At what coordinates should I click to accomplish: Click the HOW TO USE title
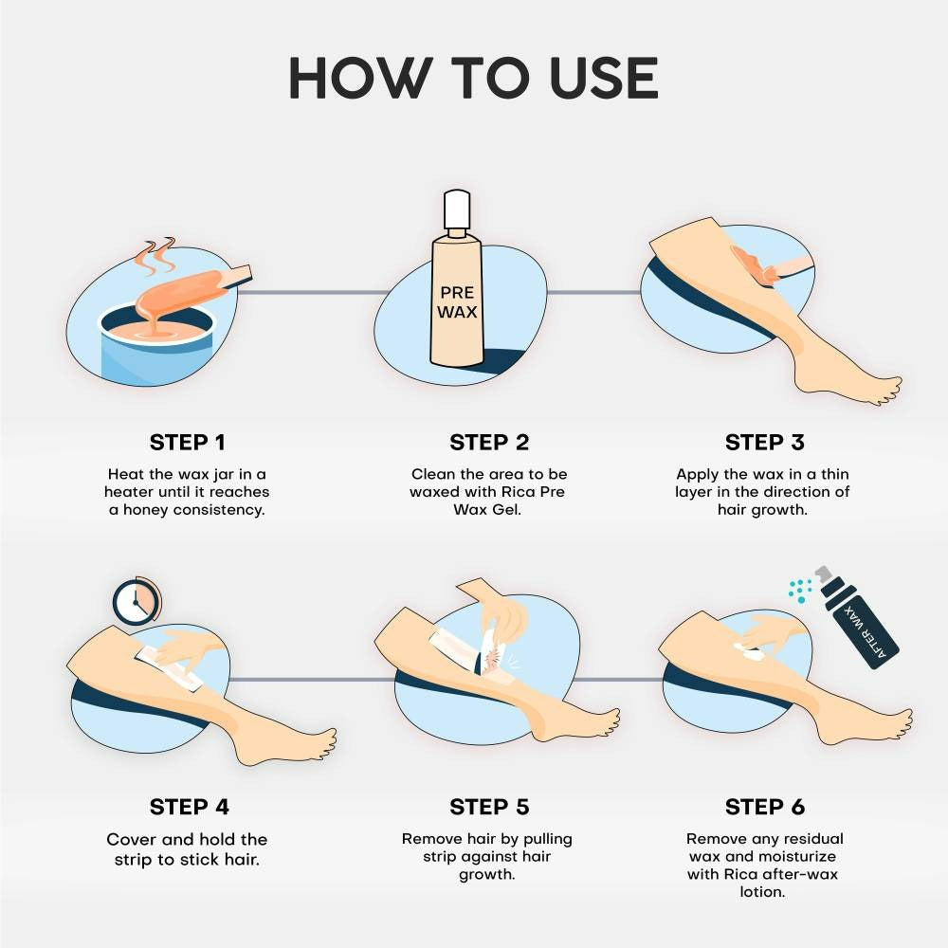[x=473, y=79]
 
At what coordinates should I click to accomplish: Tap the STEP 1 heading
[x=188, y=443]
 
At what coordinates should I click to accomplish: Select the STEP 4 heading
[x=189, y=807]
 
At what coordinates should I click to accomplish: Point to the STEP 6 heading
[x=764, y=807]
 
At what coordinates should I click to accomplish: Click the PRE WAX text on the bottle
[x=456, y=302]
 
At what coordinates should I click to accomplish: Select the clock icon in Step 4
[x=134, y=599]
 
